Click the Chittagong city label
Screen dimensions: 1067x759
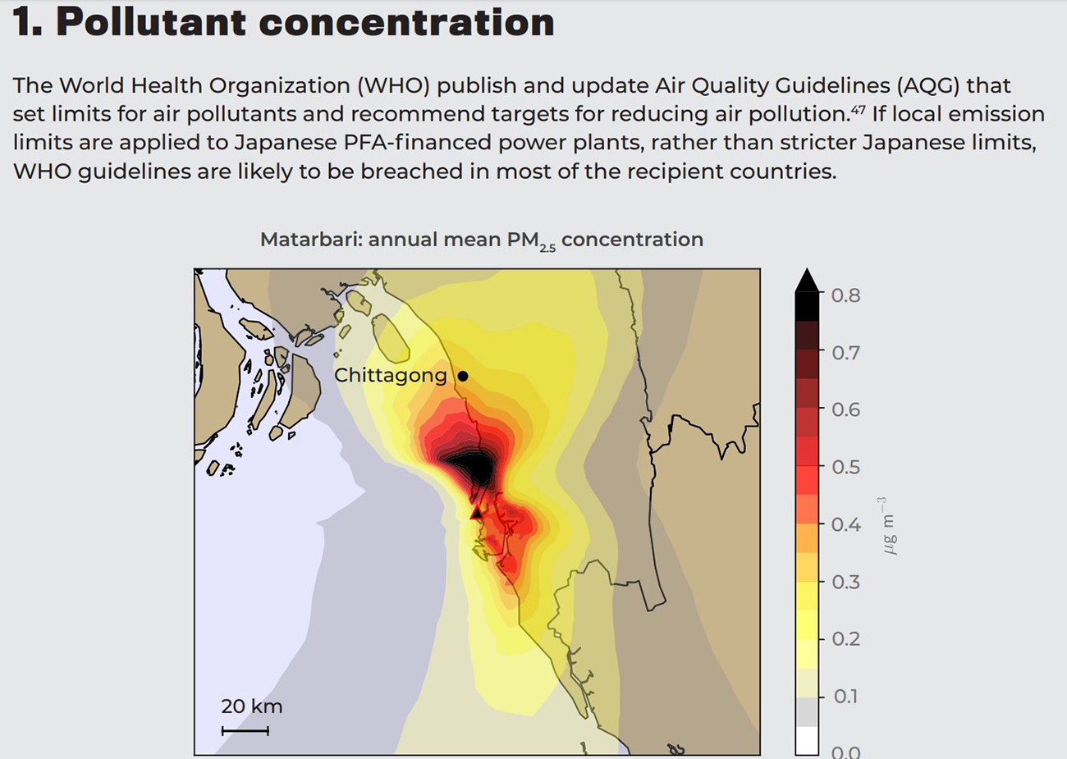coord(391,376)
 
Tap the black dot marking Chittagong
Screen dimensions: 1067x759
coord(463,376)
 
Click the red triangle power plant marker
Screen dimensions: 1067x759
coord(476,514)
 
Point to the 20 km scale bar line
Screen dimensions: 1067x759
coord(245,730)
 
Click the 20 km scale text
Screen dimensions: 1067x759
coord(251,706)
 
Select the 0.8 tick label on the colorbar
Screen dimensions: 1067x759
coord(846,295)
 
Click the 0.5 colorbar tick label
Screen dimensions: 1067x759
coord(846,467)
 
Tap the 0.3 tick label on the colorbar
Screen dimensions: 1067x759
coord(846,582)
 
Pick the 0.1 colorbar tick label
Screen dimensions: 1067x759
coord(846,696)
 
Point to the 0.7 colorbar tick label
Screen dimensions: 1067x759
coord(846,354)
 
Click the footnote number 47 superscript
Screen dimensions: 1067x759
coord(858,110)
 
